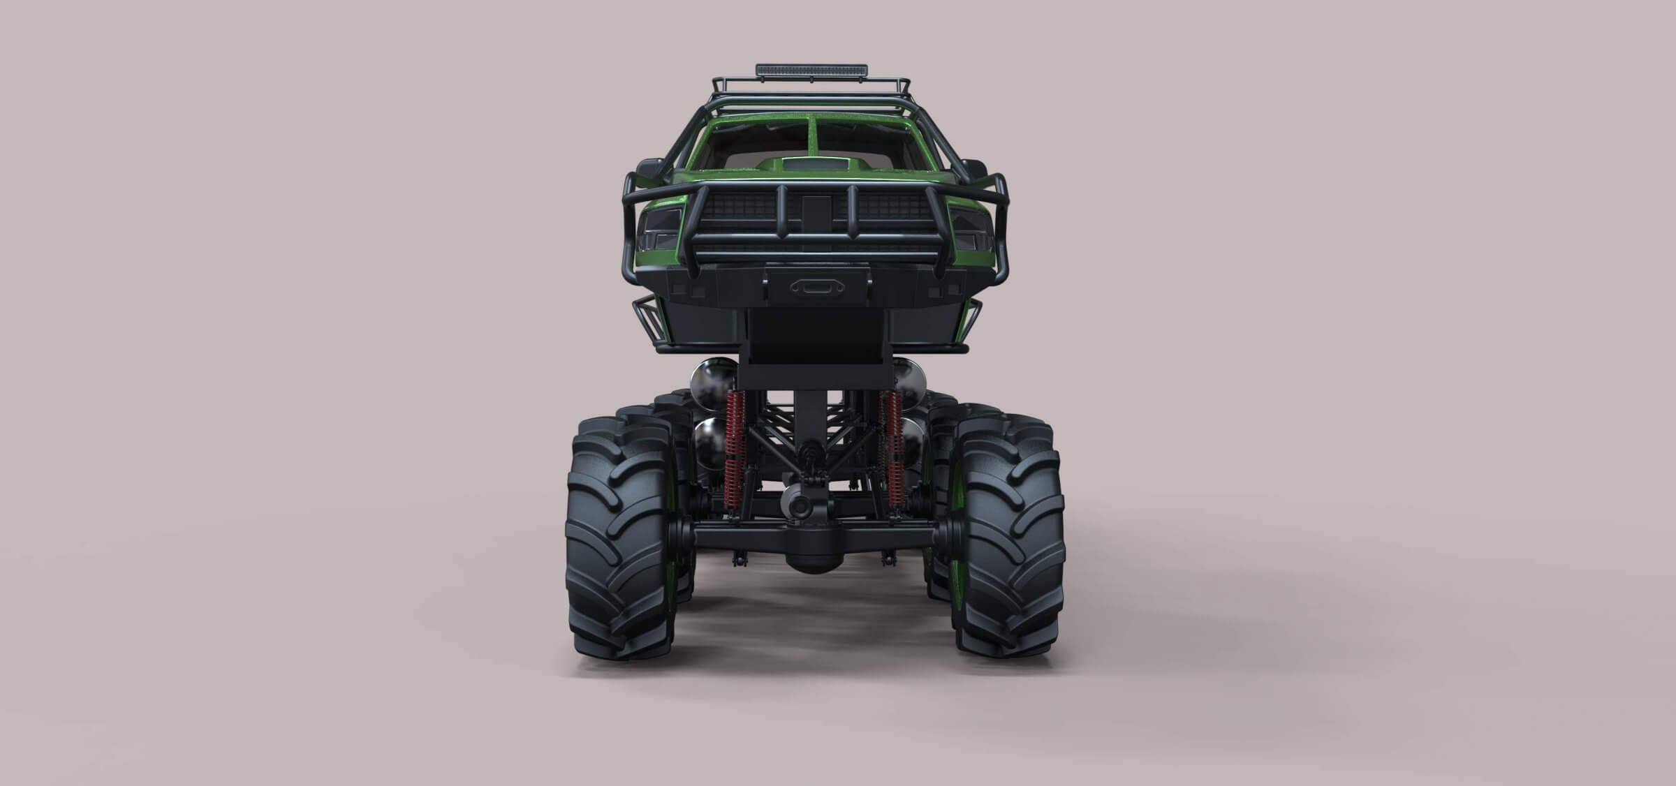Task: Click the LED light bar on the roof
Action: [811, 70]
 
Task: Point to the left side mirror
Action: [646, 168]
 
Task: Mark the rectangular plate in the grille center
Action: [811, 209]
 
